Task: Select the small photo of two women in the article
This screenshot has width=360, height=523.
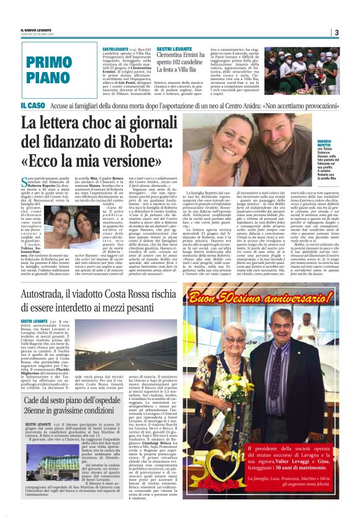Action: [72, 222]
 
